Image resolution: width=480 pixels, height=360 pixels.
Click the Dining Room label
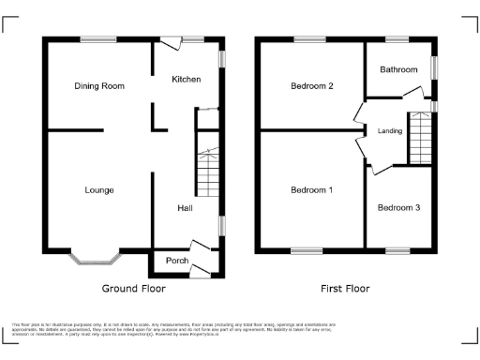[99, 86]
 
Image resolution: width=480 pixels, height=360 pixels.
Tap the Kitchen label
[186, 80]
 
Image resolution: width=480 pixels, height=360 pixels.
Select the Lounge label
[98, 190]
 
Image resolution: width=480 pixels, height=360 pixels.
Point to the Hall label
[185, 208]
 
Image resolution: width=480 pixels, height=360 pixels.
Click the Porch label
[177, 261]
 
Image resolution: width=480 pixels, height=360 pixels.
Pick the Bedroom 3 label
[398, 207]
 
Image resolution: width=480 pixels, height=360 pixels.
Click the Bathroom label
[397, 69]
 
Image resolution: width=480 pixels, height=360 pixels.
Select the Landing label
[390, 131]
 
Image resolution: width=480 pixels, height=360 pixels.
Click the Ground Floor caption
[133, 289]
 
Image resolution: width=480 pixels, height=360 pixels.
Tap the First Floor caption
[345, 289]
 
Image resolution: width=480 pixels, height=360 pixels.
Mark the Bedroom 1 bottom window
[307, 250]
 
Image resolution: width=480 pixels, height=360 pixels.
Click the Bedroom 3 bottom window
[397, 250]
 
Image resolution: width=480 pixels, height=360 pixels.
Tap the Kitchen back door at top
[171, 42]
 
